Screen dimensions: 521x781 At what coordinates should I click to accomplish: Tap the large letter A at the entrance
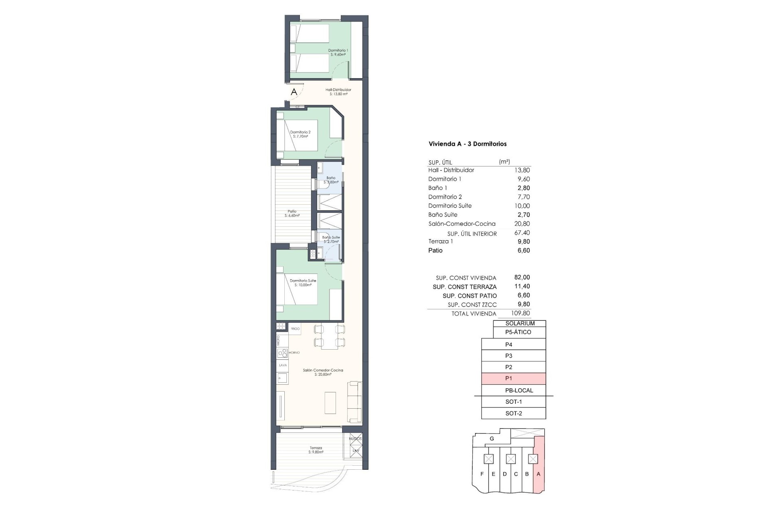[x=294, y=92]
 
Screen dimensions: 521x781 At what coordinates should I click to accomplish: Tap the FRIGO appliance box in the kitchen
[x=295, y=328]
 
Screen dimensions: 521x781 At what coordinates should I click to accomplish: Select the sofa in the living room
[x=354, y=402]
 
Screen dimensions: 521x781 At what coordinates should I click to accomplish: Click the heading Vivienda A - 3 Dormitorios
[x=467, y=144]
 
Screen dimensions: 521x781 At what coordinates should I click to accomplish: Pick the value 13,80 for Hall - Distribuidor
[x=522, y=170]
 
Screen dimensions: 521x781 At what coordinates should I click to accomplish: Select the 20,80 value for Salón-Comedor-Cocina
[x=522, y=224]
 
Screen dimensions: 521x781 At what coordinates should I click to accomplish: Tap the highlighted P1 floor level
[x=513, y=379]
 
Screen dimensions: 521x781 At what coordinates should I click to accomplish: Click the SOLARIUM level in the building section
[x=519, y=324]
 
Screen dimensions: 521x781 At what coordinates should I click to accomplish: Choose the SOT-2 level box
[x=513, y=414]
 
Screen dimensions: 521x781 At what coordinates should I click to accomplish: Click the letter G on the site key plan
[x=492, y=439]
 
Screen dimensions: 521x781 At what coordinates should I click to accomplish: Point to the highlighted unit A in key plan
[x=539, y=474]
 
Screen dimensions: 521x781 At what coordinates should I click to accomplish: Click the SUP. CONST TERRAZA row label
[x=465, y=287]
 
